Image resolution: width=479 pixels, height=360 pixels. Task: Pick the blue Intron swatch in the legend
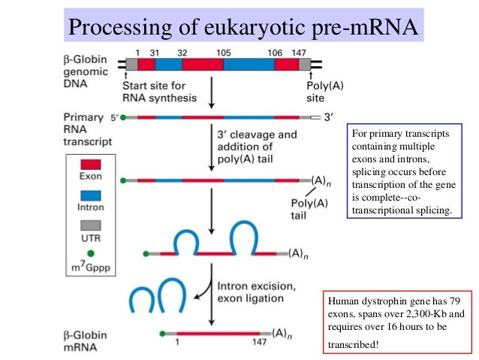pos(89,195)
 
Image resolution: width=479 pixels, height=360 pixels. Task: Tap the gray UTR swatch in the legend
pos(89,225)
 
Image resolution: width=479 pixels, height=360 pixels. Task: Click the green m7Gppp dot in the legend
pos(89,253)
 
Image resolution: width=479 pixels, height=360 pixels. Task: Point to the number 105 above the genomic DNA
pos(223,53)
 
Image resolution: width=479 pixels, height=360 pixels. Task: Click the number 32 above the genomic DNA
pos(183,53)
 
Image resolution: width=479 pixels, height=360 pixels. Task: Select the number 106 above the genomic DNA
pos(276,53)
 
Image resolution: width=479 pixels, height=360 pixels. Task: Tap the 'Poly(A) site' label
pos(325,91)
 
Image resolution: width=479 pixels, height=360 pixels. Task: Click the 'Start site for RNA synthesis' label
pos(159,91)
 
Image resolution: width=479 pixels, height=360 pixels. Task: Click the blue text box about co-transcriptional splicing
pos(402,172)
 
